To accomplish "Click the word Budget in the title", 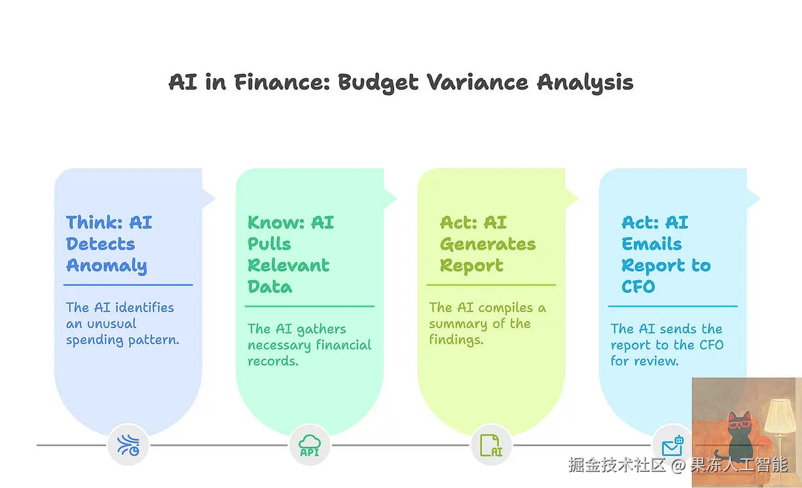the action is coord(378,83).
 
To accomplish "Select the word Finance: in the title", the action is coord(282,82).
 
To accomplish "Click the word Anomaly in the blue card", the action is coord(107,266).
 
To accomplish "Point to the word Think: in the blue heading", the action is coord(94,222).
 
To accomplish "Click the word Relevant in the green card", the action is coord(288,265).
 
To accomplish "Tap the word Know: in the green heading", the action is coord(276,222).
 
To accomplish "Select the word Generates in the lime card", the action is coord(488,244).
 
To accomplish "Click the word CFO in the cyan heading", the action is coord(638,287).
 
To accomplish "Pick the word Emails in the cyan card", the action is coord(651,244).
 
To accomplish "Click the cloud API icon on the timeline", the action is coord(310,445).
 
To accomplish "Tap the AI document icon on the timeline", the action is coord(491,445).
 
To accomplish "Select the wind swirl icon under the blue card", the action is coord(128,445).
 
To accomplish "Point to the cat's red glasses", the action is coord(740,425).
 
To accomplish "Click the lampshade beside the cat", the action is coord(780,417).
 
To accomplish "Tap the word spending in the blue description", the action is coord(95,341).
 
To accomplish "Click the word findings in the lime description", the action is coord(456,339).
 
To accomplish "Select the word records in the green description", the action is coord(273,361).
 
